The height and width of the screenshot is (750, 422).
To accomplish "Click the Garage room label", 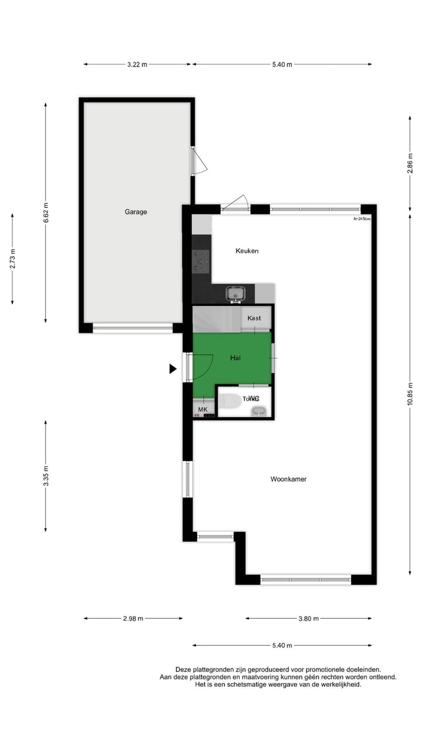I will coord(135,212).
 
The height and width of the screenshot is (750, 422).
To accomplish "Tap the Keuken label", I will coord(247,251).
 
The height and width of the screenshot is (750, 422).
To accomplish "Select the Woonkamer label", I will coord(288,479).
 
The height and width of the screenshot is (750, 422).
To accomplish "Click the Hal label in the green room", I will coord(236,357).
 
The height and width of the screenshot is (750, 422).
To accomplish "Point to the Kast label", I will coord(254,318).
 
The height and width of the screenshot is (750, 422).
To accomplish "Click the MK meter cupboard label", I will coord(202,409).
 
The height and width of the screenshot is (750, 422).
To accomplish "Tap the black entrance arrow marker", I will coord(173,369).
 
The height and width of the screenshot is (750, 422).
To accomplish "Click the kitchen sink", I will coord(237,292).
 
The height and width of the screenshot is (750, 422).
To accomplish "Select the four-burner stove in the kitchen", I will coord(201,261).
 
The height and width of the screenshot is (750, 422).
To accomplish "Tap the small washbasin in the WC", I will coord(258,411).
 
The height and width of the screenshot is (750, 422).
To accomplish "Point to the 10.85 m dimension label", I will coord(410,393).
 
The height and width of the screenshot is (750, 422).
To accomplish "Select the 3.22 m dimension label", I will coord(137,64).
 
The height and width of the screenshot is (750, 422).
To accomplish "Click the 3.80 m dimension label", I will coord(308,618).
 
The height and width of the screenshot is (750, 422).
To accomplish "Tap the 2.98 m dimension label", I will coord(133,618).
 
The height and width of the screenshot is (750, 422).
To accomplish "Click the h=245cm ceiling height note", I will coord(362,219).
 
